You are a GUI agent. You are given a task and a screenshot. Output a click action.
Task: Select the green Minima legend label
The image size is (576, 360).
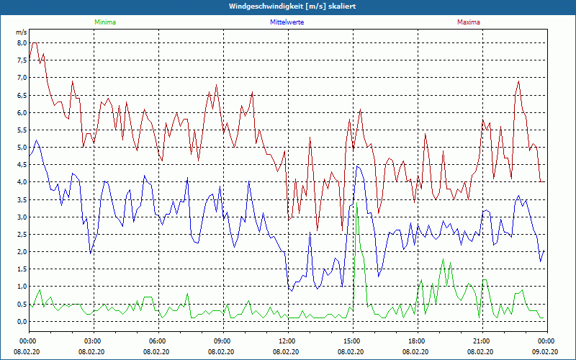tap(104, 22)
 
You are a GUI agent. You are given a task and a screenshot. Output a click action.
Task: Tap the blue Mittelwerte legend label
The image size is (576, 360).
tap(286, 22)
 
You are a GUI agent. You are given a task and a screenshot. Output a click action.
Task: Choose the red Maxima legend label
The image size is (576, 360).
tap(468, 22)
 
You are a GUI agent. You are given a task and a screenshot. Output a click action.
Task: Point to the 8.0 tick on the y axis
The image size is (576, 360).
tap(20, 43)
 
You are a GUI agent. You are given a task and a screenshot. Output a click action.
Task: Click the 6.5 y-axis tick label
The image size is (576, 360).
tap(20, 95)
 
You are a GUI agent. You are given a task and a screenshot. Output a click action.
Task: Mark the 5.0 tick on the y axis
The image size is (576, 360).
tap(20, 148)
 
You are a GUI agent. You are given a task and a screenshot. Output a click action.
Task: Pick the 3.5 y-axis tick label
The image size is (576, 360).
tap(20, 199)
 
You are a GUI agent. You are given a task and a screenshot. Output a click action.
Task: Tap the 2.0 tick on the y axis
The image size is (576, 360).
tap(20, 252)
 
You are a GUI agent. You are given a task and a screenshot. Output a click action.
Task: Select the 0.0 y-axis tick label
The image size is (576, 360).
tap(20, 321)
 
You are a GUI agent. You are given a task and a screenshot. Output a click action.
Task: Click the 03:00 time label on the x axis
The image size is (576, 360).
tap(93, 341)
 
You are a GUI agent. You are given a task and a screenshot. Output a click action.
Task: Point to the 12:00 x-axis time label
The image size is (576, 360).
tap(287, 341)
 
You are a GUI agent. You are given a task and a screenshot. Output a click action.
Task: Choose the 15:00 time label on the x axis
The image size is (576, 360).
tap(352, 341)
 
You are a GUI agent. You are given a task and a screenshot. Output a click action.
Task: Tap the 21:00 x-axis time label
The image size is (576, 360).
tap(482, 341)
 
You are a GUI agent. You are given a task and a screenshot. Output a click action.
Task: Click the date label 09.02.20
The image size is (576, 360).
tap(545, 352)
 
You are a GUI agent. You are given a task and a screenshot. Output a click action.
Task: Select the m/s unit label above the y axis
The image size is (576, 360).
tap(21, 32)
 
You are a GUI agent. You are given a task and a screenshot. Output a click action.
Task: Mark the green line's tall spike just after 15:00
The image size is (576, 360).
tap(357, 207)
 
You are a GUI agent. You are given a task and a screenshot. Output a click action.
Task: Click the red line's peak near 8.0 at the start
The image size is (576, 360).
tap(34, 43)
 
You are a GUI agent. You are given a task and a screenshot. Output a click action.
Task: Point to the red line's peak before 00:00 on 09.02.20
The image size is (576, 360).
tap(518, 81)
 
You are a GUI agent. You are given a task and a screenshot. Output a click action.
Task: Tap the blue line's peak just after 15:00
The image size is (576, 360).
tap(357, 166)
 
